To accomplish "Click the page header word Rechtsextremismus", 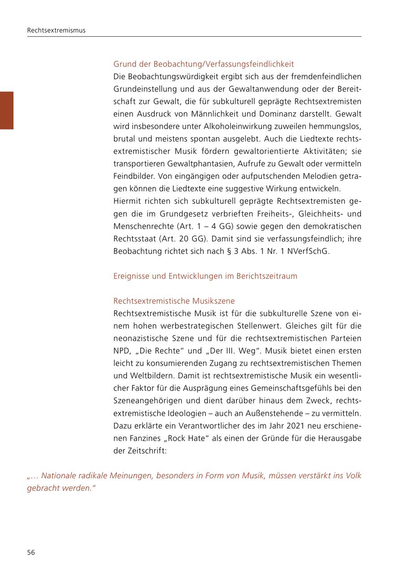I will tap(56, 30).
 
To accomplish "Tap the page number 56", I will tap(31, 552).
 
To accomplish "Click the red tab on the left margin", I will tap(7, 110).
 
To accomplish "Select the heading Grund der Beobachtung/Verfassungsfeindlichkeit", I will tap(203, 64).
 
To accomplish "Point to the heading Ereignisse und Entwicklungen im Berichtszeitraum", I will tap(205, 276).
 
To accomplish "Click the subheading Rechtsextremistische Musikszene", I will tap(174, 301).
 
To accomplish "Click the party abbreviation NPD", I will tap(122, 351).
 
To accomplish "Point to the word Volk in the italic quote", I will tap(353, 475).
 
